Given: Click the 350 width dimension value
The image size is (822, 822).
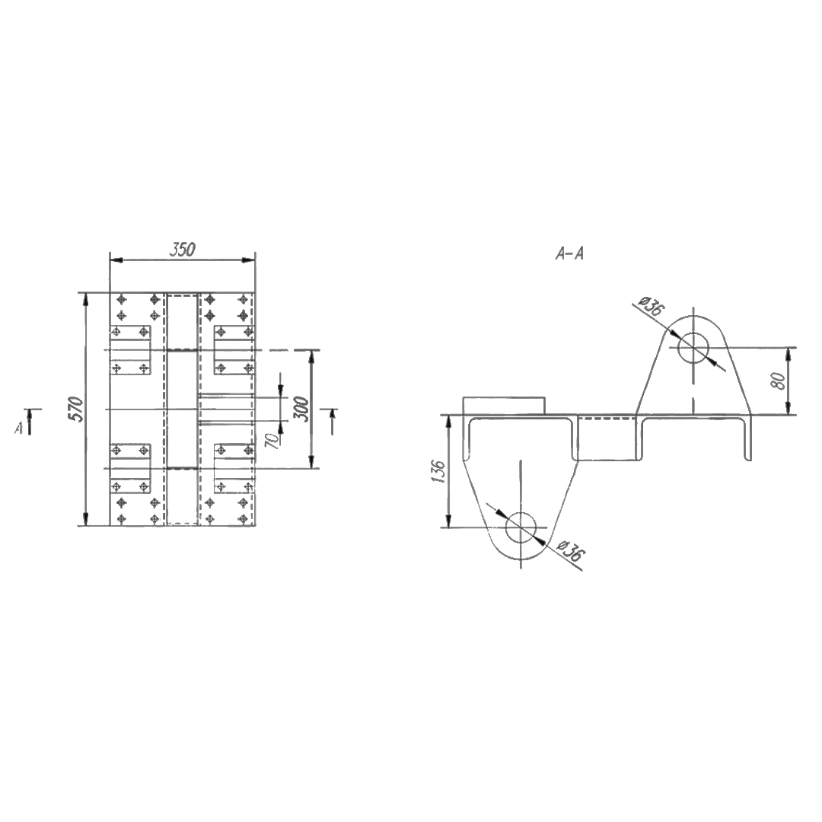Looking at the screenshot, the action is tap(183, 250).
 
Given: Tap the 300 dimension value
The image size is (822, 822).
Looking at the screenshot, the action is tap(301, 409).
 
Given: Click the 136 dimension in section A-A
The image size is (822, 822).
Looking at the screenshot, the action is tap(439, 471).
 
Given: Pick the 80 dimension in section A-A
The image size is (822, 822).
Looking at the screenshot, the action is tap(779, 381).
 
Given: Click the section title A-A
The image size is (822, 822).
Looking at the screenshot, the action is tap(569, 254).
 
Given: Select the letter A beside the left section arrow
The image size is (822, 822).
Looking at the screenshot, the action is tap(19, 429).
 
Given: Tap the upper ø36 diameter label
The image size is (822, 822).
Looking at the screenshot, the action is tap(652, 305).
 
